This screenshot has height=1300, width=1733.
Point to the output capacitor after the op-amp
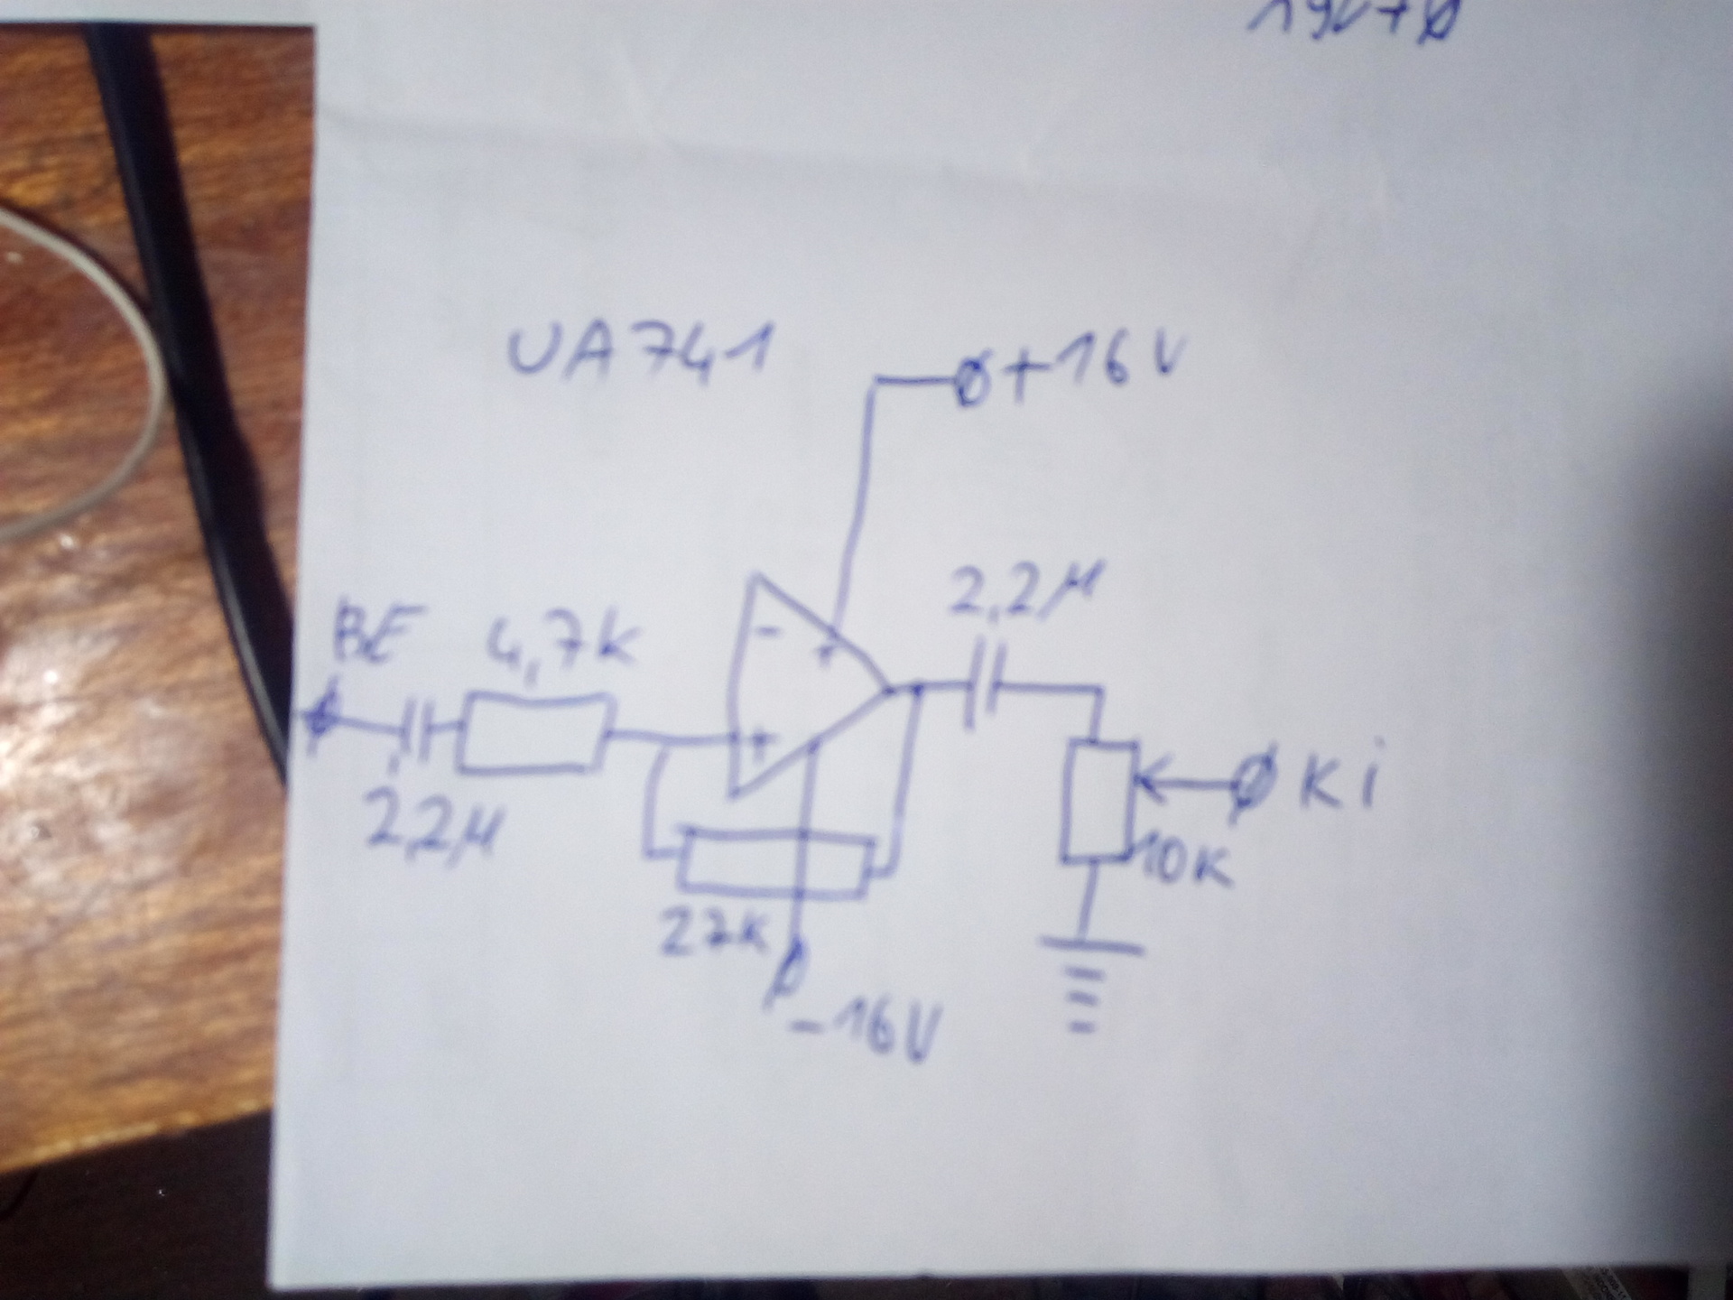click(979, 695)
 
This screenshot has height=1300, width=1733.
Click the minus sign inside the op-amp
click(767, 632)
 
